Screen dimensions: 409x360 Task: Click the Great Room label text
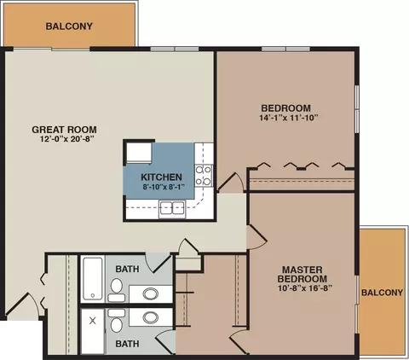[64, 130]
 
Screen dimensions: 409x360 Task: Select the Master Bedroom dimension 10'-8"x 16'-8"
[305, 288]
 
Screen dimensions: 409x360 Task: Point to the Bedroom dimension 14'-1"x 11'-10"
[288, 118]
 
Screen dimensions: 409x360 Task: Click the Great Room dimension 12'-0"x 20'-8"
[66, 139]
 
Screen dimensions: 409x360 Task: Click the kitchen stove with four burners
[204, 176]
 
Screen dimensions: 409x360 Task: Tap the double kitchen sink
[172, 208]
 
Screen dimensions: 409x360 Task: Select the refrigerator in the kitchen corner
[139, 154]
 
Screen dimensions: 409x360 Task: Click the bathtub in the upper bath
[93, 278]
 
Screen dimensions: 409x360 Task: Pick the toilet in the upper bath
[117, 290]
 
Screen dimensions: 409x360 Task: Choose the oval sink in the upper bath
[151, 293]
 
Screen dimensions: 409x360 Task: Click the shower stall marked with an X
[93, 332]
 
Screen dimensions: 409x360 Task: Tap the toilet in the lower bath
[117, 321]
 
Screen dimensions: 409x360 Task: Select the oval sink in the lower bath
[151, 317]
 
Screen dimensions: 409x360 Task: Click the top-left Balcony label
[69, 26]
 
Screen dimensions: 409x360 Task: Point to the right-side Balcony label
[382, 293]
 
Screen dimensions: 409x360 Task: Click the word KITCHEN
[161, 177]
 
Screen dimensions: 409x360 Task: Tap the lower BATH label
[127, 344]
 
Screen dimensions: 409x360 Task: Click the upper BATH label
[127, 269]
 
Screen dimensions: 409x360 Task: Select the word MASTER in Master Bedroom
[302, 270]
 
